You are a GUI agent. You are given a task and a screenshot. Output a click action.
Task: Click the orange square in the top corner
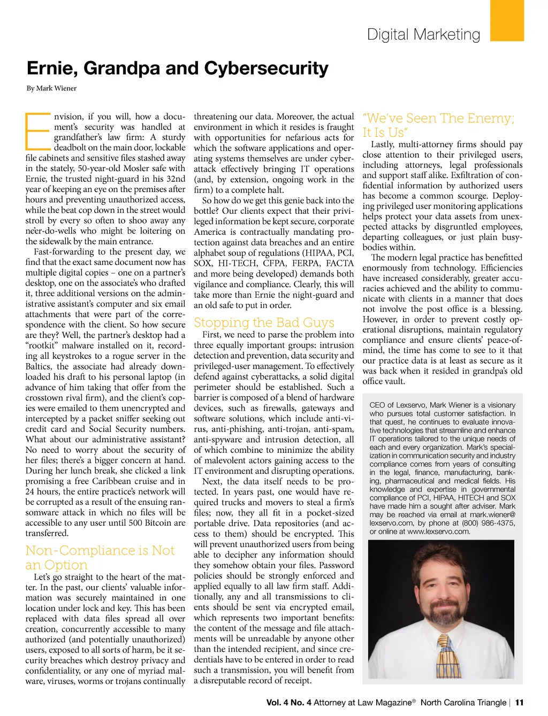click(507, 20)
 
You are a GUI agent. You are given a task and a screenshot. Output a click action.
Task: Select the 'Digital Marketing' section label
click(423, 35)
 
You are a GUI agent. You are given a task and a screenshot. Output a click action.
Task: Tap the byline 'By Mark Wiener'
click(51, 88)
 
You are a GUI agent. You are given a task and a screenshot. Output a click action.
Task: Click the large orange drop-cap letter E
click(37, 130)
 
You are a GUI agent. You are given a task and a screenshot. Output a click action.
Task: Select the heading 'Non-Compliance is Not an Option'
click(100, 557)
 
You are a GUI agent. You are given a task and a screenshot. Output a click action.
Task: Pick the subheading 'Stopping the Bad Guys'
click(264, 322)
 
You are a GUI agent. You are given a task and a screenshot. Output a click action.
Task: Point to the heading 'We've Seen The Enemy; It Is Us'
click(438, 125)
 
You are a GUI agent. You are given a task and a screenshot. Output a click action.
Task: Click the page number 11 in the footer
click(519, 702)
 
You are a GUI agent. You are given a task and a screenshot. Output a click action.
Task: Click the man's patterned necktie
click(448, 656)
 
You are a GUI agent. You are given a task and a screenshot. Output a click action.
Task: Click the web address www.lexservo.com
click(438, 532)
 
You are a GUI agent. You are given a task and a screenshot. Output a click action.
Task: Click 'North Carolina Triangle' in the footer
click(463, 702)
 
